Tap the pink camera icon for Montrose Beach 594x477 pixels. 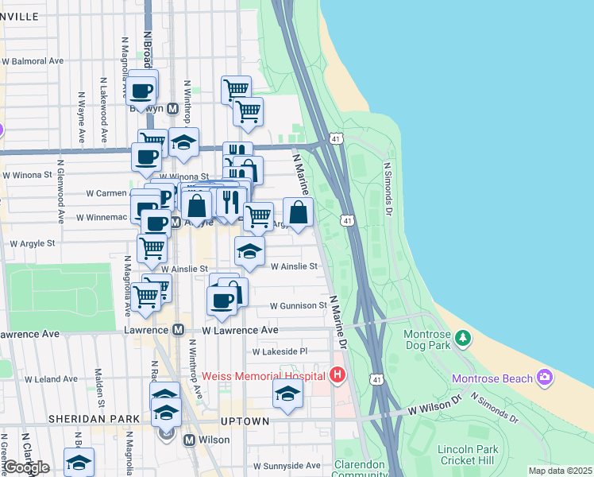[545, 376]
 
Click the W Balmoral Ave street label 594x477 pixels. [33, 60]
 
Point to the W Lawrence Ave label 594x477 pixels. [240, 329]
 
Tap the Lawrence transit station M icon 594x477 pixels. [179, 329]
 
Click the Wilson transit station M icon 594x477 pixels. [190, 440]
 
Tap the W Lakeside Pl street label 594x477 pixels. [280, 351]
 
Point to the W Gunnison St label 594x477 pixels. [298, 305]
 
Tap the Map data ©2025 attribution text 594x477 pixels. [561, 471]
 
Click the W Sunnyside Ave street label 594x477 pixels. [287, 466]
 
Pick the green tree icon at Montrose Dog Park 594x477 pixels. [463, 339]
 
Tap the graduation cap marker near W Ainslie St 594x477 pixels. [249, 253]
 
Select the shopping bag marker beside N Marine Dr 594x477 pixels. [298, 212]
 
